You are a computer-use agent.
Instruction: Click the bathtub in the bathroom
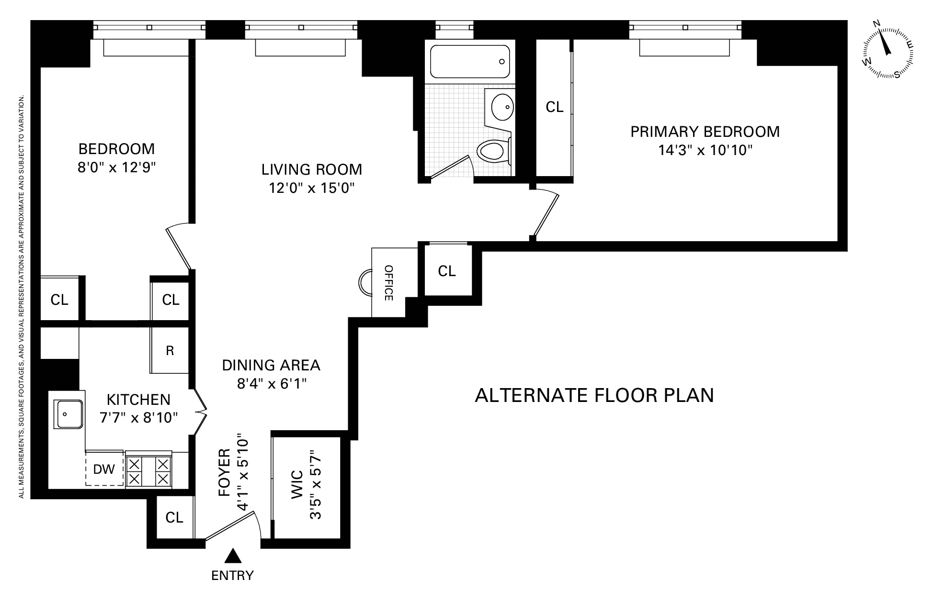point(469,61)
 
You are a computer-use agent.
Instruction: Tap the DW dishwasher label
point(104,468)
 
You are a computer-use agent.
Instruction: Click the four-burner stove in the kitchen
point(148,471)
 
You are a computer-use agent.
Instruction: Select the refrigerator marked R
point(170,351)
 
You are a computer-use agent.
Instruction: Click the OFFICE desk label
point(388,282)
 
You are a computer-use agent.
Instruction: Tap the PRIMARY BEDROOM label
point(705,132)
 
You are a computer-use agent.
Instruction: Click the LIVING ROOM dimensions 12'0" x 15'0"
point(311,188)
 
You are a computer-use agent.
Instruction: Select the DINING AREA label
point(271,365)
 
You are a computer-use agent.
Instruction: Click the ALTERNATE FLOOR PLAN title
point(594,395)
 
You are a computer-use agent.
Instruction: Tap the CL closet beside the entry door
point(174,517)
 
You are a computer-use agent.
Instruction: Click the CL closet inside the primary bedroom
point(554,107)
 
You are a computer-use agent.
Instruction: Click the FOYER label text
point(225,472)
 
